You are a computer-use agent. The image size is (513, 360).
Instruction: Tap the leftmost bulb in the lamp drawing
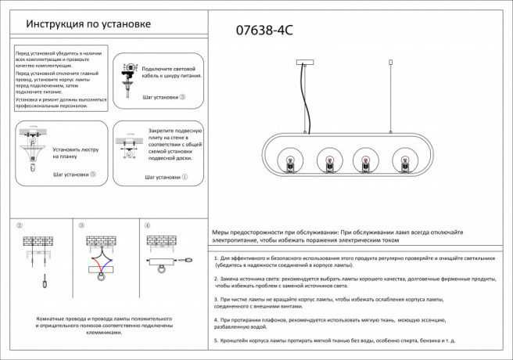point(287,164)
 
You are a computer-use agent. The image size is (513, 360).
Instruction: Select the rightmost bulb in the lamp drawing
point(405,164)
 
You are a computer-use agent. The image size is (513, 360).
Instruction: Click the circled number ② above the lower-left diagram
point(19,225)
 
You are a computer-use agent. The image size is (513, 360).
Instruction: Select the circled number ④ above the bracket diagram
point(146,225)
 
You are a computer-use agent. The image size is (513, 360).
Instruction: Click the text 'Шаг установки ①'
point(166,178)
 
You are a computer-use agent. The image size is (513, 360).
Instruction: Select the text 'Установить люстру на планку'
point(76,152)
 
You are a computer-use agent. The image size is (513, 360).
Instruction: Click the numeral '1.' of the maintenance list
point(216,257)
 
